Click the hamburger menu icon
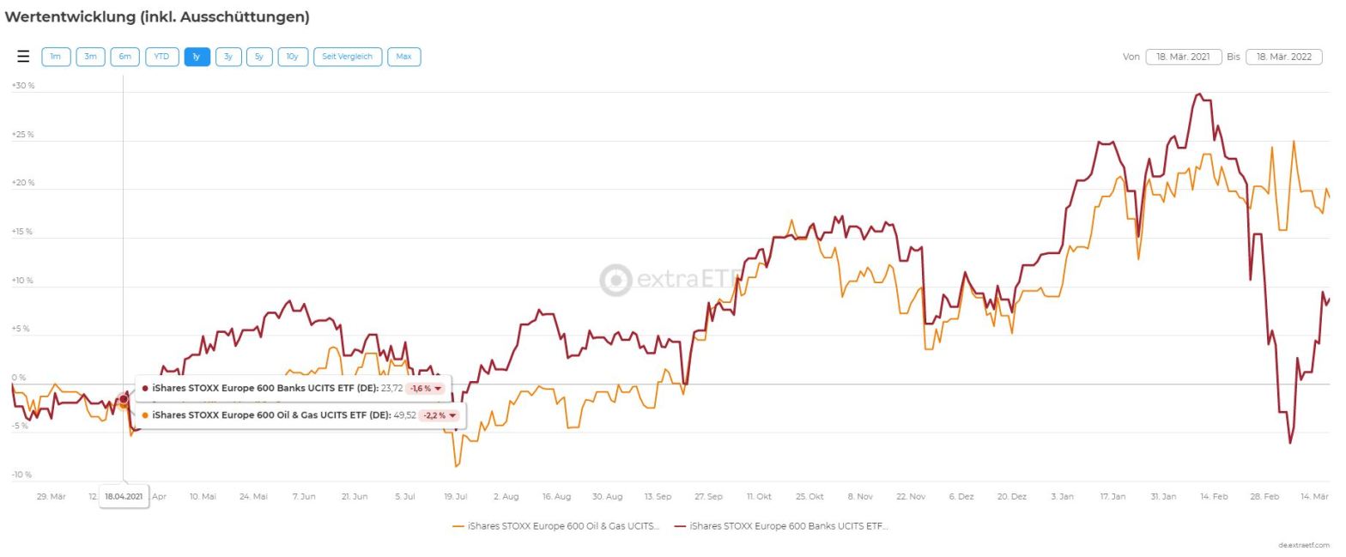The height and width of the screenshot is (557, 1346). click(23, 57)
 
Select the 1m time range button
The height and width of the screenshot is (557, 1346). click(56, 57)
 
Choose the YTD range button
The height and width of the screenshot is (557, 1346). click(161, 57)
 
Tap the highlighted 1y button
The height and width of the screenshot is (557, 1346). click(197, 57)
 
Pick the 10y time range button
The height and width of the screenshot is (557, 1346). click(292, 57)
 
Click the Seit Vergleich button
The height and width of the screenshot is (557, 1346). click(348, 57)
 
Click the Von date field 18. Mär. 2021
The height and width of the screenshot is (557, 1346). click(1183, 57)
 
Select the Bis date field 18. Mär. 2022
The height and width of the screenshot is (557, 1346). click(1283, 57)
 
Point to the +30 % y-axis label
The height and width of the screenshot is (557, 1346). click(22, 86)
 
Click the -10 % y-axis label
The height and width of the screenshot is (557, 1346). click(21, 475)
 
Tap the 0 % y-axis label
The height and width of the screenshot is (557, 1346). click(18, 378)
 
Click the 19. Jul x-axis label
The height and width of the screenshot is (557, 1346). click(455, 496)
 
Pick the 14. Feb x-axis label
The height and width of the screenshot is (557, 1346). click(1213, 496)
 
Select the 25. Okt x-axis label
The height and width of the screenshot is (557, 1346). click(809, 496)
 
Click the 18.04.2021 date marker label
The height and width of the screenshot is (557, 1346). click(124, 496)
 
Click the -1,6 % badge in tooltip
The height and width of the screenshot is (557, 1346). click(426, 389)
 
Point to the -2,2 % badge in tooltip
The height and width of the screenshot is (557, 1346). click(440, 415)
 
